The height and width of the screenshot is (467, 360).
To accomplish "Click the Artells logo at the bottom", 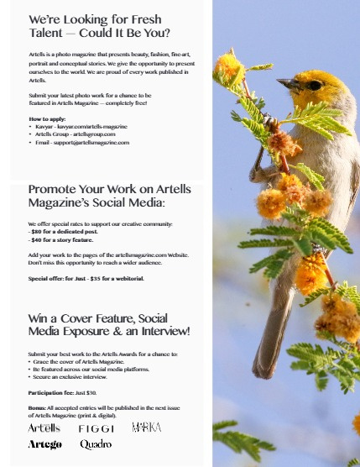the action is tap(44, 428).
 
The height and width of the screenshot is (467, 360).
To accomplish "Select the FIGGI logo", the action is tap(97, 428).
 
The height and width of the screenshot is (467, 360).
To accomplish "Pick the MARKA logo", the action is tap(147, 428).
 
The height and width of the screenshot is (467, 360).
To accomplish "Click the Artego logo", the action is tap(44, 443).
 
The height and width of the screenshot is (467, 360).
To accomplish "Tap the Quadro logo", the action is tap(96, 443).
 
